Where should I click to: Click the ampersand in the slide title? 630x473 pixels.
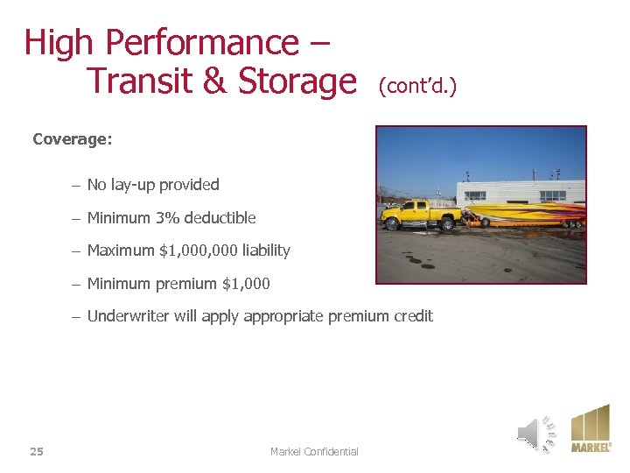(213, 81)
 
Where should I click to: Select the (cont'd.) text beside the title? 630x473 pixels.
(417, 87)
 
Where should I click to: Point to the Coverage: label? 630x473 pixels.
(73, 138)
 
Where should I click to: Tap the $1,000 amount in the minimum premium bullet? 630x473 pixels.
(246, 284)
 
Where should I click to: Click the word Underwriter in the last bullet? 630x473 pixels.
(129, 316)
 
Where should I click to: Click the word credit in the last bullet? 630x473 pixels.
(413, 316)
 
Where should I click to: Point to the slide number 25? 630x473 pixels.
(37, 451)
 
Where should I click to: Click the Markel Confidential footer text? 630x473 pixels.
(314, 451)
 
